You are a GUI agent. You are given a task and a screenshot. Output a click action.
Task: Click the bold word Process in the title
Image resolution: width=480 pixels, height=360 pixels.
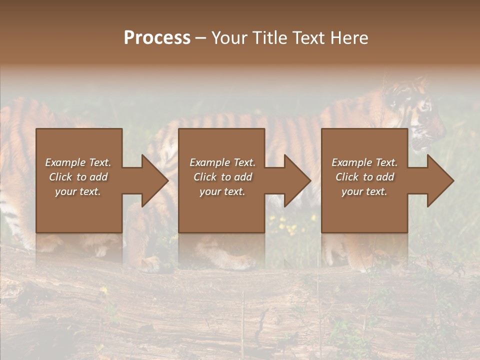[157, 38]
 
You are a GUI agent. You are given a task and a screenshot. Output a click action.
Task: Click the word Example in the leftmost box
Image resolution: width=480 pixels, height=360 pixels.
[63, 162]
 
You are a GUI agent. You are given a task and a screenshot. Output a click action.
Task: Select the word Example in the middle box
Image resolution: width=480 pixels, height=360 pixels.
[207, 162]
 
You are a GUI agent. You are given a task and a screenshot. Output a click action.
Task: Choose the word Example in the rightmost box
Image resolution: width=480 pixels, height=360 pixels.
[349, 162]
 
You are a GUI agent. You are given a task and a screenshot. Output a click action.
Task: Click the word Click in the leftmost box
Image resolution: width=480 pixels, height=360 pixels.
[61, 177]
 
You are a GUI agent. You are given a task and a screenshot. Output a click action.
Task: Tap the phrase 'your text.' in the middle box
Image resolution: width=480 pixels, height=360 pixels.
[222, 191]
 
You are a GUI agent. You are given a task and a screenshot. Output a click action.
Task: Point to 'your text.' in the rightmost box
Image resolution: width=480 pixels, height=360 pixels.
[364, 191]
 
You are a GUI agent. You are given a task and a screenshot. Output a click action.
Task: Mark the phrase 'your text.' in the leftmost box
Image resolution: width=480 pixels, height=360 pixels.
[78, 191]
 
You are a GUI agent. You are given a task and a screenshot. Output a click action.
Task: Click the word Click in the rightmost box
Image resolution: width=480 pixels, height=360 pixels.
[347, 177]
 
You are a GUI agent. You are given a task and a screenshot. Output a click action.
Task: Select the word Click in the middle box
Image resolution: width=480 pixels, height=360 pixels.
[205, 177]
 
